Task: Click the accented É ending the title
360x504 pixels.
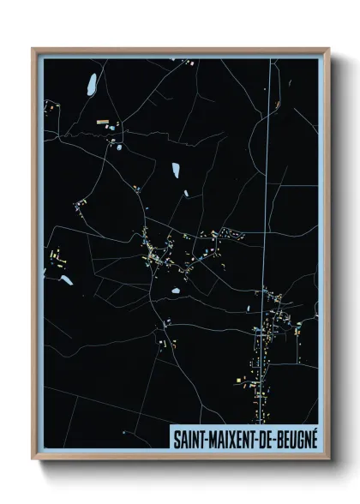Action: tap(314, 437)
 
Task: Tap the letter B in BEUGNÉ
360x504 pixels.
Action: tap(284, 437)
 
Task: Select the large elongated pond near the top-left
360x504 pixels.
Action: tap(90, 84)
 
